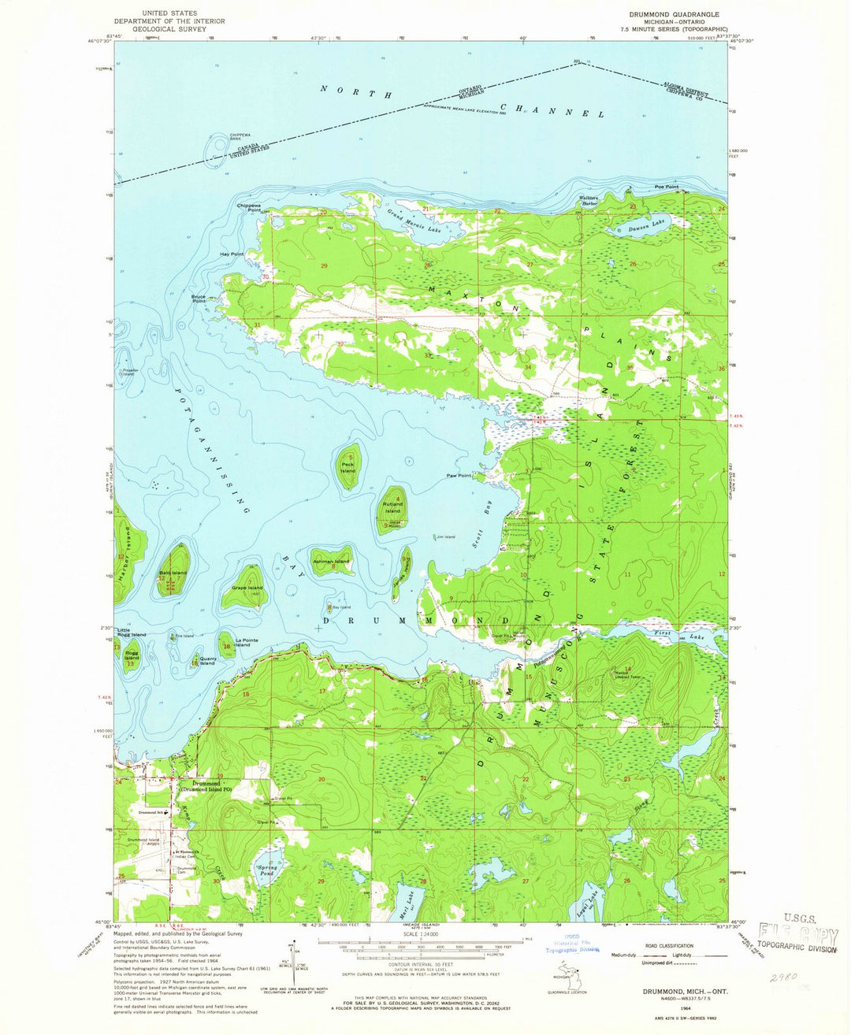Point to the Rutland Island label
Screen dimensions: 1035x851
(x=392, y=506)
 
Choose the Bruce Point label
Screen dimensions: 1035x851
(x=199, y=299)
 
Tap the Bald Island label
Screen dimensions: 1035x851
(x=173, y=573)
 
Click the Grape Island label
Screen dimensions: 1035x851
(x=247, y=588)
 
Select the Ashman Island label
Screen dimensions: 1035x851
(x=330, y=560)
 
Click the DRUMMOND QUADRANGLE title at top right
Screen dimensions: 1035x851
(x=674, y=14)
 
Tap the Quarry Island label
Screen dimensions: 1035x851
(x=207, y=660)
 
